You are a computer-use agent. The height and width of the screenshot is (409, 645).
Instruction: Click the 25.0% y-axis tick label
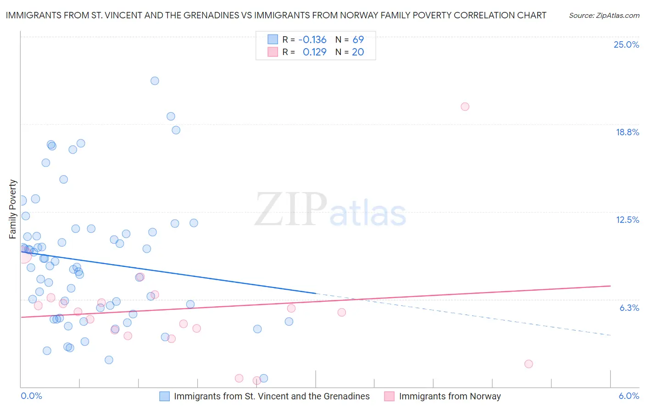(626, 44)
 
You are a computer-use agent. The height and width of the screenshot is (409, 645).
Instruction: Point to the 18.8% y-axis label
(627, 132)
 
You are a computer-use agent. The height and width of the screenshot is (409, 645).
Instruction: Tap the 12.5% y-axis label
(627, 220)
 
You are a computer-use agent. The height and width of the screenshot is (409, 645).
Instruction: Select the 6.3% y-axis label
(629, 308)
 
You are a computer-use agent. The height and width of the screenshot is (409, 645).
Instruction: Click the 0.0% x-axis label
(32, 396)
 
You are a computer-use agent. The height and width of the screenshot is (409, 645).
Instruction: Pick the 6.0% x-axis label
(628, 396)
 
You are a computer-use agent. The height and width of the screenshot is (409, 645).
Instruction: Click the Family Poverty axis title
(13, 209)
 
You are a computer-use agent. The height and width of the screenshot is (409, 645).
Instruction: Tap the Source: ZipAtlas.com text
(604, 16)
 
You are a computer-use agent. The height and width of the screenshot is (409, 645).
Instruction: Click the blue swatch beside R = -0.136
(273, 39)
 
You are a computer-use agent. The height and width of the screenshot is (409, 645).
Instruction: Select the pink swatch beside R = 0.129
(273, 52)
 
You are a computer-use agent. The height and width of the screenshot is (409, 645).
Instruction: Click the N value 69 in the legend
(358, 39)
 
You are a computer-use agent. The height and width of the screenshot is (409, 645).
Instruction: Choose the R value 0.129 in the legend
(314, 52)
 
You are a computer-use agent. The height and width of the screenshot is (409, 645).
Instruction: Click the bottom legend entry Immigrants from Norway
(450, 396)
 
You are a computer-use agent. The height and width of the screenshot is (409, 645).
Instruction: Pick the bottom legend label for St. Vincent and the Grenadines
(272, 396)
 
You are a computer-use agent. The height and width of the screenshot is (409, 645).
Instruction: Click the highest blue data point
(155, 81)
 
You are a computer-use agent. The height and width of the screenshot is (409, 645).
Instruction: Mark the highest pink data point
(465, 106)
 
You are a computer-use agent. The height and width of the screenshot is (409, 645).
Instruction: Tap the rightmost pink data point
(528, 364)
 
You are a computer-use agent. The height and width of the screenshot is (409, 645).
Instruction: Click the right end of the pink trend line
(610, 286)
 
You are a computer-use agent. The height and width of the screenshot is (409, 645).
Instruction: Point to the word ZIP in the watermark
(291, 210)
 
